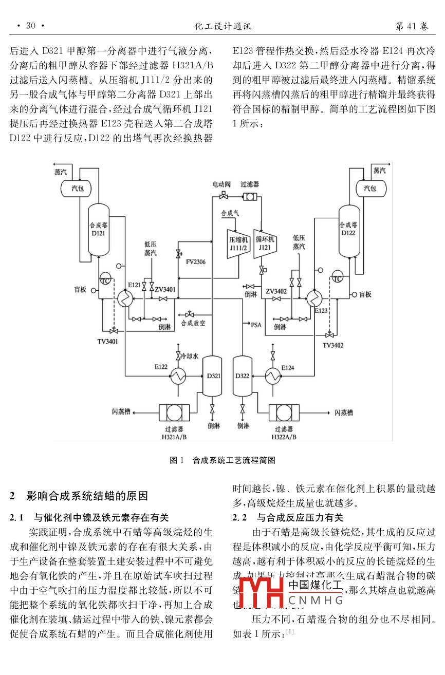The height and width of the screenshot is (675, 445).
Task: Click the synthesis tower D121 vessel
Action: click(x=99, y=229)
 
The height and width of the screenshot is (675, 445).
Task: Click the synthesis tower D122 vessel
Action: click(x=348, y=229)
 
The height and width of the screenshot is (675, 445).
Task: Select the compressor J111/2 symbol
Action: click(x=238, y=242)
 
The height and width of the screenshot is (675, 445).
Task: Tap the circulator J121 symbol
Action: click(x=265, y=242)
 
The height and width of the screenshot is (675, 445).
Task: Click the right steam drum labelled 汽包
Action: click(x=370, y=189)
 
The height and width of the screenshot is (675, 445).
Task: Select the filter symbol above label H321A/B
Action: click(x=174, y=412)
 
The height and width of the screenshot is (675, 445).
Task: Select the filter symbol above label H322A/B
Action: click(x=284, y=412)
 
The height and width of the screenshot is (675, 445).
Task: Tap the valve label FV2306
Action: click(x=196, y=262)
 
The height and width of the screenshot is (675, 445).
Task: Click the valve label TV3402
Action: click(x=333, y=345)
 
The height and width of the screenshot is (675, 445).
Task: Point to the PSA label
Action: click(x=256, y=325)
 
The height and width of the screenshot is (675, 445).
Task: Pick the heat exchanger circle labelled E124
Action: click(x=273, y=377)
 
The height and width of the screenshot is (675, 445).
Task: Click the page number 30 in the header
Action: click(x=30, y=26)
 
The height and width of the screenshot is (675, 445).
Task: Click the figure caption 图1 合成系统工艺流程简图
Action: click(x=222, y=460)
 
